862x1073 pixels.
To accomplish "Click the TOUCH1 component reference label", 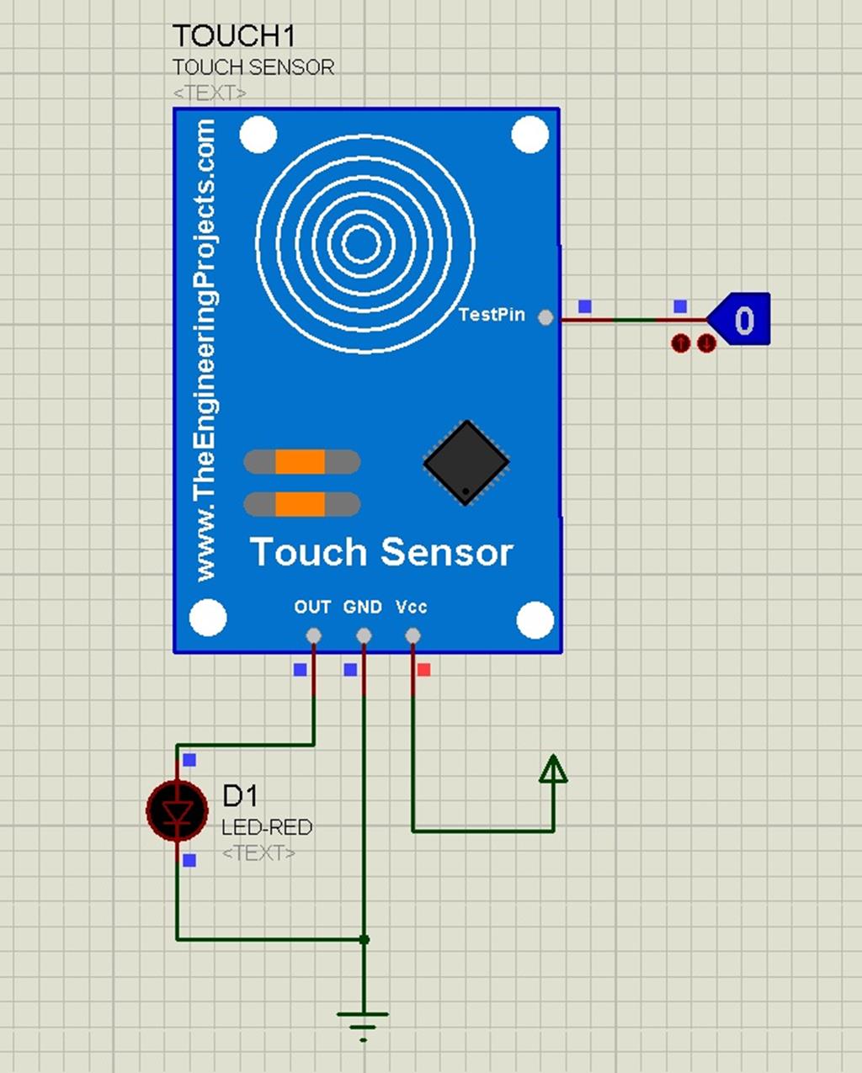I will click(233, 36).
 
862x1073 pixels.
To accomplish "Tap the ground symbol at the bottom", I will click(363, 1021).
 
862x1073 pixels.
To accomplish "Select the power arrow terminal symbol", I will click(553, 769).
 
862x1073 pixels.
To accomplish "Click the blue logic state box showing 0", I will click(740, 320).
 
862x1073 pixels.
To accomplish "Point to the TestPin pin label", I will click(492, 315).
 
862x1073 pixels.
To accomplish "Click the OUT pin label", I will click(312, 607).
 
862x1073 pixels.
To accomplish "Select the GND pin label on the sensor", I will click(363, 607).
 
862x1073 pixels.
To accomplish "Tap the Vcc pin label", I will click(412, 607).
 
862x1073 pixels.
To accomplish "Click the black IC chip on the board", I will click(466, 463).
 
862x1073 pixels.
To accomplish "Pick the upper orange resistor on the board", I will click(301, 462).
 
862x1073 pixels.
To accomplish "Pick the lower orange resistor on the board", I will click(301, 504).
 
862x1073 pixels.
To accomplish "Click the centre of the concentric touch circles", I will click(363, 244).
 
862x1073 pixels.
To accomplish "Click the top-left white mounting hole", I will click(258, 135).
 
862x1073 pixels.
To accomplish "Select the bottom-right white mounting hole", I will click(535, 620).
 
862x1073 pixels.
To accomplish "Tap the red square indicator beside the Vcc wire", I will click(424, 670).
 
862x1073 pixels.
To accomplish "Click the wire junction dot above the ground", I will click(364, 939).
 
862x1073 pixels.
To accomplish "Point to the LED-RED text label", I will click(267, 827).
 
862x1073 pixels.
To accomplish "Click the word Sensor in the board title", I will click(447, 552).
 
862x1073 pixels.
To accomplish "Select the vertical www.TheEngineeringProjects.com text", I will click(205, 349).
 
